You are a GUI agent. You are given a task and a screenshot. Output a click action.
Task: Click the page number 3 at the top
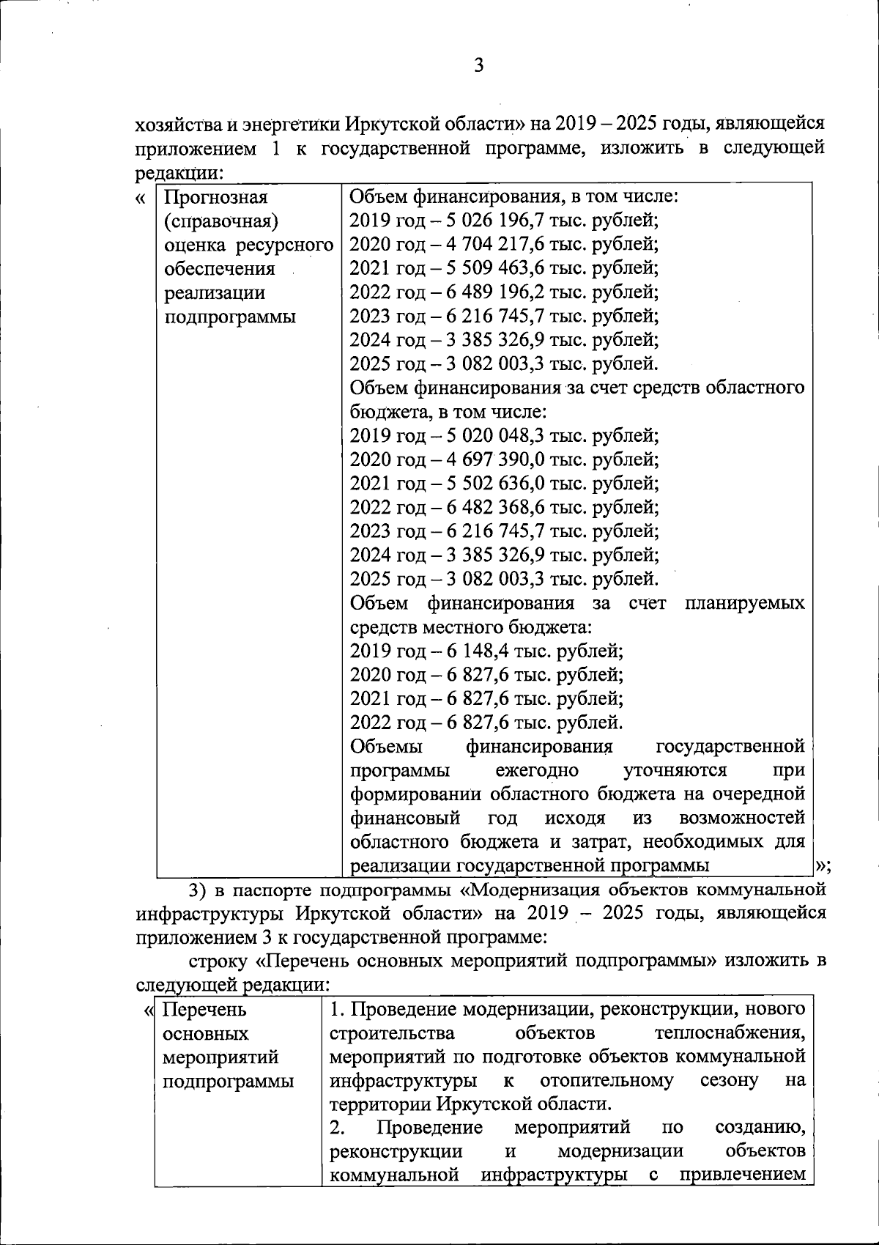[x=478, y=67]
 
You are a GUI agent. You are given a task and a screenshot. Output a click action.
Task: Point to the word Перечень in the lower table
[x=204, y=1010]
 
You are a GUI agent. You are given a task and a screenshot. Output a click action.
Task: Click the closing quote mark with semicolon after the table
[x=823, y=865]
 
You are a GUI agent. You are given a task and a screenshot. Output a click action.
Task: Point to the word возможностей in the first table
[x=742, y=818]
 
